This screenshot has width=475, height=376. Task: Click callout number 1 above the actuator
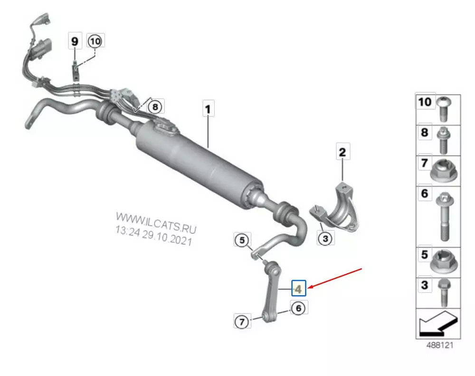[208, 108]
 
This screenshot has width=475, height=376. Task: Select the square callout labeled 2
[343, 152]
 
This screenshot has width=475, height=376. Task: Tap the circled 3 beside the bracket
[326, 238]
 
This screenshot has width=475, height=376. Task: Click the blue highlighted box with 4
[299, 288]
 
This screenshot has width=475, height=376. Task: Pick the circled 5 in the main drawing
[242, 240]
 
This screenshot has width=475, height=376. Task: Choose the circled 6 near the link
[299, 308]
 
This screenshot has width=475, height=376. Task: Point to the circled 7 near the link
[242, 321]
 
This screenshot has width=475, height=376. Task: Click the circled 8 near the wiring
[155, 107]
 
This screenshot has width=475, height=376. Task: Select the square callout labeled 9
[75, 41]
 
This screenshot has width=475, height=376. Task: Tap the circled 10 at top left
[95, 41]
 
